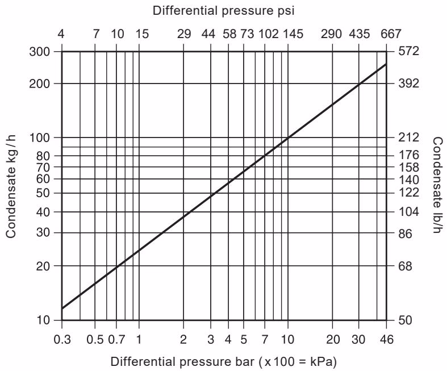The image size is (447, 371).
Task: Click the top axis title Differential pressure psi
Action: (224, 10)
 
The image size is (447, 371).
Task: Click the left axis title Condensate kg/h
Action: (11, 185)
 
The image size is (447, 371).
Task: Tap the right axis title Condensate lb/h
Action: (437, 185)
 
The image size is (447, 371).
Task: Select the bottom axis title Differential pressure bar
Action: (227, 361)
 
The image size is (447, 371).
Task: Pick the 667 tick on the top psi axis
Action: (391, 34)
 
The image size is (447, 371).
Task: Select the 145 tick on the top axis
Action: (293, 34)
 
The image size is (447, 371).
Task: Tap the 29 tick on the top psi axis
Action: (184, 34)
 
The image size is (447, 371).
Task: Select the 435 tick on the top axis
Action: (359, 34)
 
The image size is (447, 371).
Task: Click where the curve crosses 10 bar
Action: (288, 137)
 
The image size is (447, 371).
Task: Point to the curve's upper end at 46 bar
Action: (386, 64)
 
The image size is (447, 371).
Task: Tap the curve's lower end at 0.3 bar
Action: (62, 309)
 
